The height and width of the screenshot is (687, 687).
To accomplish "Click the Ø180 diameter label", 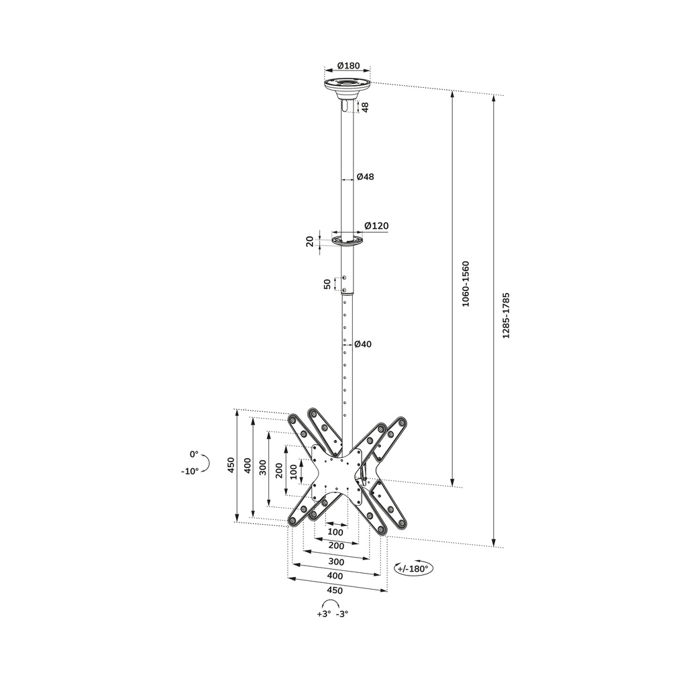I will pos(348,66).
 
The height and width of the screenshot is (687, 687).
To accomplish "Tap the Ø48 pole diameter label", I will pos(365,177).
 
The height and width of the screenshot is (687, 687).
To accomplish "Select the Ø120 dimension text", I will pos(376,226).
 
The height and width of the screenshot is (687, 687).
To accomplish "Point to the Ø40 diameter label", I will pos(363,344).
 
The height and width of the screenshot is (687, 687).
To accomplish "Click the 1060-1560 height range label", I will pos(466,284).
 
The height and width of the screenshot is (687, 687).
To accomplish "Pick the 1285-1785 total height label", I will pos(507,315).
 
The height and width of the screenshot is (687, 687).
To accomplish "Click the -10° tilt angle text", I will pos(190,471).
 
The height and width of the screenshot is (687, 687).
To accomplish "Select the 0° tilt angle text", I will pos(194,454).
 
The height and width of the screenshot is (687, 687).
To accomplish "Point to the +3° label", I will pos(324,614).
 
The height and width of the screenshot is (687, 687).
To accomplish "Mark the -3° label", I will pos(342,614).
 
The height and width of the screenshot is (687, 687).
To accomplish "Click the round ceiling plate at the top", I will pos(348,85).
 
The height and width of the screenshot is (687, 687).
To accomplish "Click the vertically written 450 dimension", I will pos(231,465).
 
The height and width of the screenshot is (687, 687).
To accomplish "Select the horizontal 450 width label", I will pos(334,590).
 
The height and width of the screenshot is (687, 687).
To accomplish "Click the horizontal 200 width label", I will pos(336,546).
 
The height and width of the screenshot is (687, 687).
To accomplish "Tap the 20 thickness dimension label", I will pos(310,242).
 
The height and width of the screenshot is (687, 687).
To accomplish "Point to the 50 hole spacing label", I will pos(327,284).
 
